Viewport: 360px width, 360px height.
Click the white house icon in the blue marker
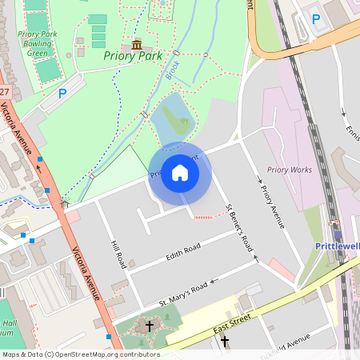click(180, 173)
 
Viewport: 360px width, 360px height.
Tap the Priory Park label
click(132, 56)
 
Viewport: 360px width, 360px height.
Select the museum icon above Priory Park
click(137, 44)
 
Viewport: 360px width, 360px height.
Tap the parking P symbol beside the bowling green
click(62, 94)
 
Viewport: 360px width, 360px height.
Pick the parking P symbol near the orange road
click(315, 18)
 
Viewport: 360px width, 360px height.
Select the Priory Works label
click(289, 170)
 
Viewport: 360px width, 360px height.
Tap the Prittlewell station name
click(337, 246)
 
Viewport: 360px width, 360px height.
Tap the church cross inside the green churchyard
click(149, 326)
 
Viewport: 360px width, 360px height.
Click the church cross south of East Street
click(224, 342)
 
